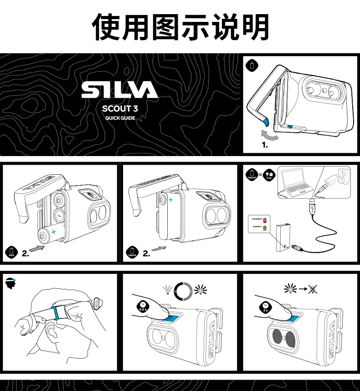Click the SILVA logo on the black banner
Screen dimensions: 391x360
point(119,90)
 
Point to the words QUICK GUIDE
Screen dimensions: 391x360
point(120,118)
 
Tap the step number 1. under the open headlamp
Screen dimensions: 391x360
point(264,146)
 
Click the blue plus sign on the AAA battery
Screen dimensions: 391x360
point(54,232)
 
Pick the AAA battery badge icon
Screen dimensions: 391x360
point(11,252)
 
